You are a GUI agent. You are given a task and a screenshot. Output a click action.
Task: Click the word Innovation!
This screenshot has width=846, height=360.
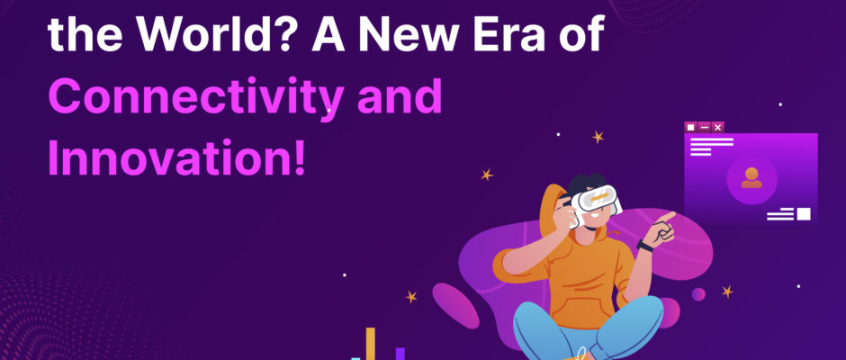(177, 157)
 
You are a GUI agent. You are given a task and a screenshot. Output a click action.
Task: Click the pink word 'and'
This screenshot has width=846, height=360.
(400, 96)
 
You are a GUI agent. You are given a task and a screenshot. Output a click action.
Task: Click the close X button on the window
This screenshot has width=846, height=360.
(717, 128)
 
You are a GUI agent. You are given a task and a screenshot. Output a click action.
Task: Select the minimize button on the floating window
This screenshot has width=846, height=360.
(704, 128)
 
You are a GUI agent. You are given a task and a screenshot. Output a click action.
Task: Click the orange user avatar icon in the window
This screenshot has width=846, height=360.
(751, 178)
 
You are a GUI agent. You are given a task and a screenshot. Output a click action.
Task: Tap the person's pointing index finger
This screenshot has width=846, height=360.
(668, 216)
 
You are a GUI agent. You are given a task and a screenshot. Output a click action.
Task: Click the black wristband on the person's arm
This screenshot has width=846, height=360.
(644, 246)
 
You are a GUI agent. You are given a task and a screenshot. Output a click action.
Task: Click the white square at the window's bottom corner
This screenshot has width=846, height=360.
(804, 213)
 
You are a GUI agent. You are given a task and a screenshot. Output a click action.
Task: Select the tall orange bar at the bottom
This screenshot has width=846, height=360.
(371, 343)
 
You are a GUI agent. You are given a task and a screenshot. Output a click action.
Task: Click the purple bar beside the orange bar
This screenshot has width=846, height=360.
(400, 354)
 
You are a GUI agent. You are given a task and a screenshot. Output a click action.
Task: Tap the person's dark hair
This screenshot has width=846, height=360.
(585, 184)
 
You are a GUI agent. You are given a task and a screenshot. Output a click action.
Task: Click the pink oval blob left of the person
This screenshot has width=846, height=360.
(455, 305)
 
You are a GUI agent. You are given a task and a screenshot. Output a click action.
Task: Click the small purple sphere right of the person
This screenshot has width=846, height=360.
(698, 294)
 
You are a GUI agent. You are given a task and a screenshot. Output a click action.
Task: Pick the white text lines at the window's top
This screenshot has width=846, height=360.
(712, 147)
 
